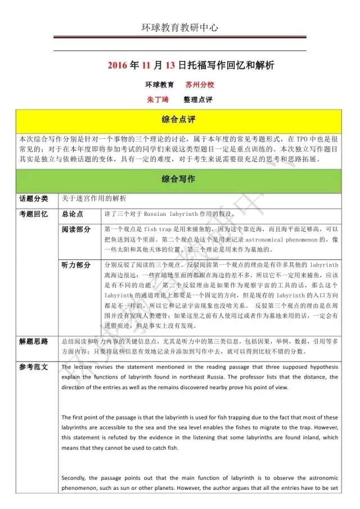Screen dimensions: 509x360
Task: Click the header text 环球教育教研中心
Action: pos(179,26)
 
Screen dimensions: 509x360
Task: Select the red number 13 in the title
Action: pos(169,66)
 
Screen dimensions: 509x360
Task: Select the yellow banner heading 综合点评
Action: pos(179,120)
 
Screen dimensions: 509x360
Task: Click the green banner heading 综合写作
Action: pos(179,179)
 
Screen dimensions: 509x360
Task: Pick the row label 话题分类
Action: pos(34,199)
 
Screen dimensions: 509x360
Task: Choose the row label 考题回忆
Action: pos(34,214)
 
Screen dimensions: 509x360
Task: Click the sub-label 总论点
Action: pos(73,214)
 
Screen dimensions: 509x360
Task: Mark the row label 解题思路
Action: pos(34,341)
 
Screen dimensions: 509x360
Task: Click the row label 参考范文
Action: pos(34,367)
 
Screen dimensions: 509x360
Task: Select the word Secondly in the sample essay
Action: pos(76,478)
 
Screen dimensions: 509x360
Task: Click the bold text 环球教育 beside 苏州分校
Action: pos(159,85)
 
